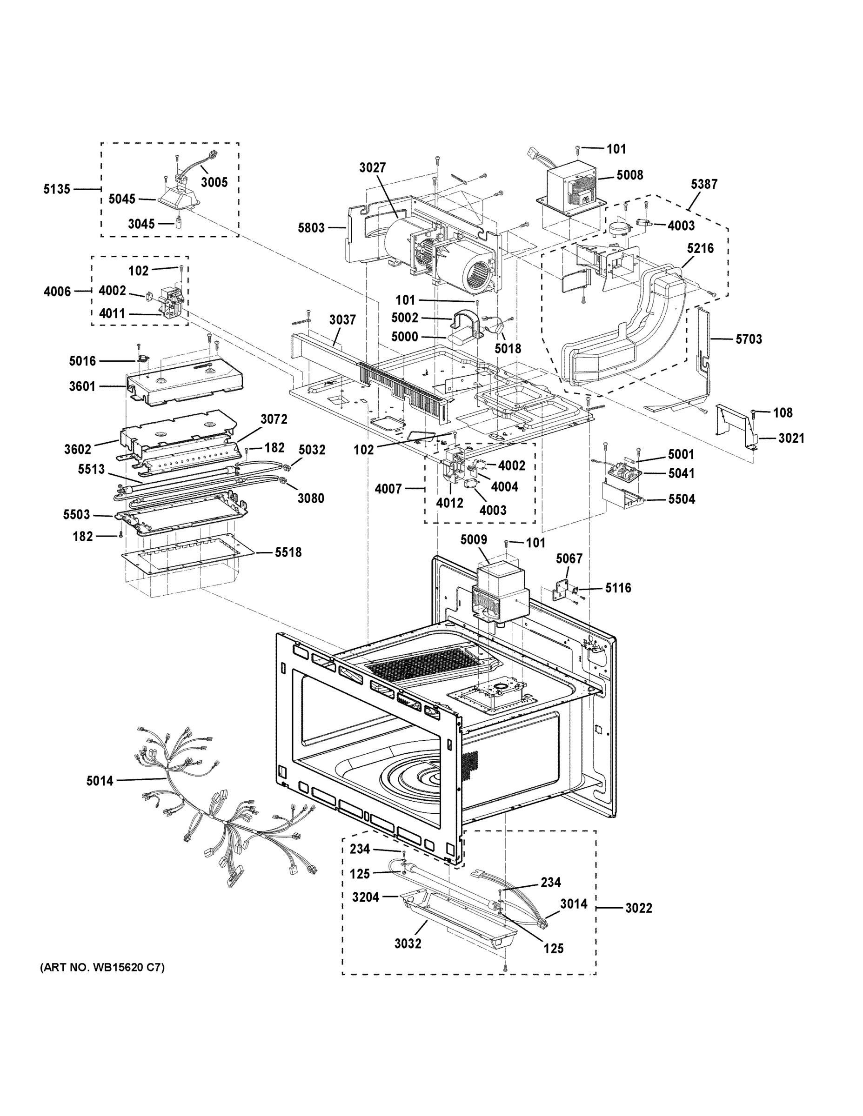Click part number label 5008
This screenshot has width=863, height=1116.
(629, 175)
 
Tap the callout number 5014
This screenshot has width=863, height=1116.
(100, 780)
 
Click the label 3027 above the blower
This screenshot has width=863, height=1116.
(372, 167)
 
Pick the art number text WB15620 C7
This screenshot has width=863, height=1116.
(102, 967)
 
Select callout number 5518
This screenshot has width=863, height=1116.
(288, 552)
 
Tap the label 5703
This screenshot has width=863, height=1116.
(749, 339)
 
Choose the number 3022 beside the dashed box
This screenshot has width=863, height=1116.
(639, 908)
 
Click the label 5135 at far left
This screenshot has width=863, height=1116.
(56, 189)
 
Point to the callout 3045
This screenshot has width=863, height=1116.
(141, 223)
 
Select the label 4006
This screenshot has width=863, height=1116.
(57, 292)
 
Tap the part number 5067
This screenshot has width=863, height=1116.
(569, 558)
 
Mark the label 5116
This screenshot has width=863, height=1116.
(618, 588)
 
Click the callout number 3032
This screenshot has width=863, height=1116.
(408, 943)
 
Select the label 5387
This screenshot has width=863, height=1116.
(704, 184)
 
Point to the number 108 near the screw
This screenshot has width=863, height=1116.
(782, 412)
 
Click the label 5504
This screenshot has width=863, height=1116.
(682, 499)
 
